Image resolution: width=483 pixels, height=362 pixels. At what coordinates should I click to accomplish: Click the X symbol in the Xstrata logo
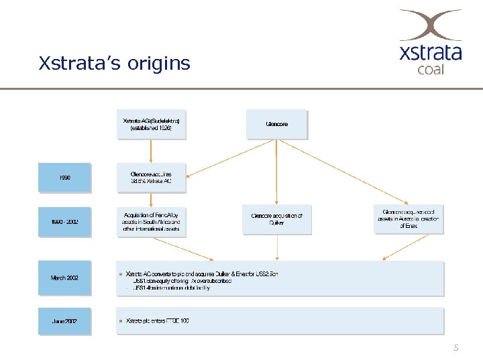(430, 26)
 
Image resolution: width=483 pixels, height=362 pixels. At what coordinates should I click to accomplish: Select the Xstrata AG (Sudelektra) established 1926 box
(151, 125)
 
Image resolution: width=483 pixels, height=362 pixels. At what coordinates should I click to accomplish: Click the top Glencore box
(276, 125)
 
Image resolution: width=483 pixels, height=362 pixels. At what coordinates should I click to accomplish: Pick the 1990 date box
(64, 178)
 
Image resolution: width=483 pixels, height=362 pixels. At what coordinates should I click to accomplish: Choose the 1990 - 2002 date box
(64, 222)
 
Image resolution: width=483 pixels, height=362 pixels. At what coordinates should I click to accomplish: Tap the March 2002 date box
(64, 278)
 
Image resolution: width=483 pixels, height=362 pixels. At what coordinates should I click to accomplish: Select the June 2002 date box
(64, 321)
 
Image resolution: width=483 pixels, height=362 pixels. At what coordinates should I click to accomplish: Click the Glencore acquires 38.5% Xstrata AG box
(151, 178)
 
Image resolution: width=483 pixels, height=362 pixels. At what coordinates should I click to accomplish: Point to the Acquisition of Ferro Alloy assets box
(151, 222)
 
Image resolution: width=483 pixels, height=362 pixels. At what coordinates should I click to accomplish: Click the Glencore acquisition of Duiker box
(276, 219)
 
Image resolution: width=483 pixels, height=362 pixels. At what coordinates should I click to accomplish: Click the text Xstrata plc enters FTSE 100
(158, 321)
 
